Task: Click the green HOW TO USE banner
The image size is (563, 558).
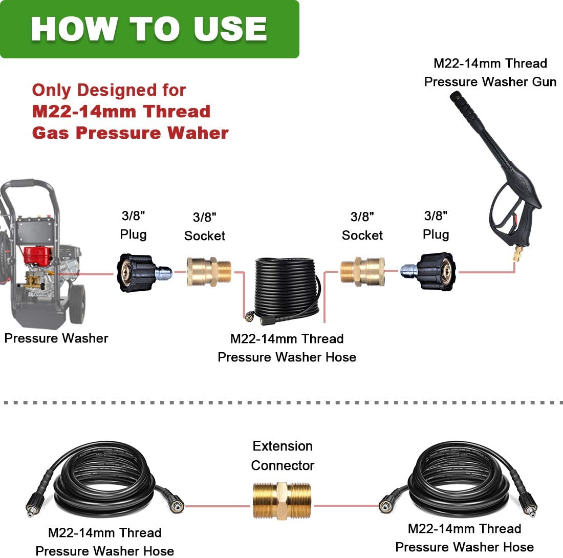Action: (148, 29)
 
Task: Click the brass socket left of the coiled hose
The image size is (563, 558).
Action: (209, 271)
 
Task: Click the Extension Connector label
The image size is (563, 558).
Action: (283, 456)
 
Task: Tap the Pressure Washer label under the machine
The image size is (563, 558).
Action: (56, 338)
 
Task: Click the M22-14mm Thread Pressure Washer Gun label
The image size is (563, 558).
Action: (490, 72)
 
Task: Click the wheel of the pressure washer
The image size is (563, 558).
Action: (77, 309)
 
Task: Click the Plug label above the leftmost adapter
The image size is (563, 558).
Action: (133, 234)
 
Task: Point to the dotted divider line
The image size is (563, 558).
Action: (281, 403)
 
